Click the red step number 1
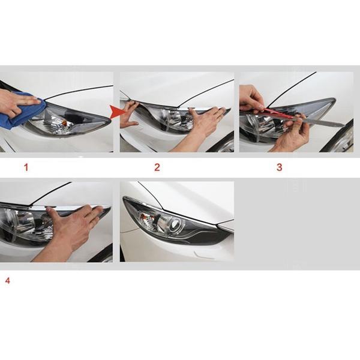(26, 167)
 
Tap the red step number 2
(157, 167)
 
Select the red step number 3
(279, 167)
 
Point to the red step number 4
(8, 281)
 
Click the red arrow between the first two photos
(117, 112)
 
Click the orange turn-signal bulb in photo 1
(67, 124)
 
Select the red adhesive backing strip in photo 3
(278, 113)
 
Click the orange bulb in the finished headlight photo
(144, 216)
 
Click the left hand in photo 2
(128, 114)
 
